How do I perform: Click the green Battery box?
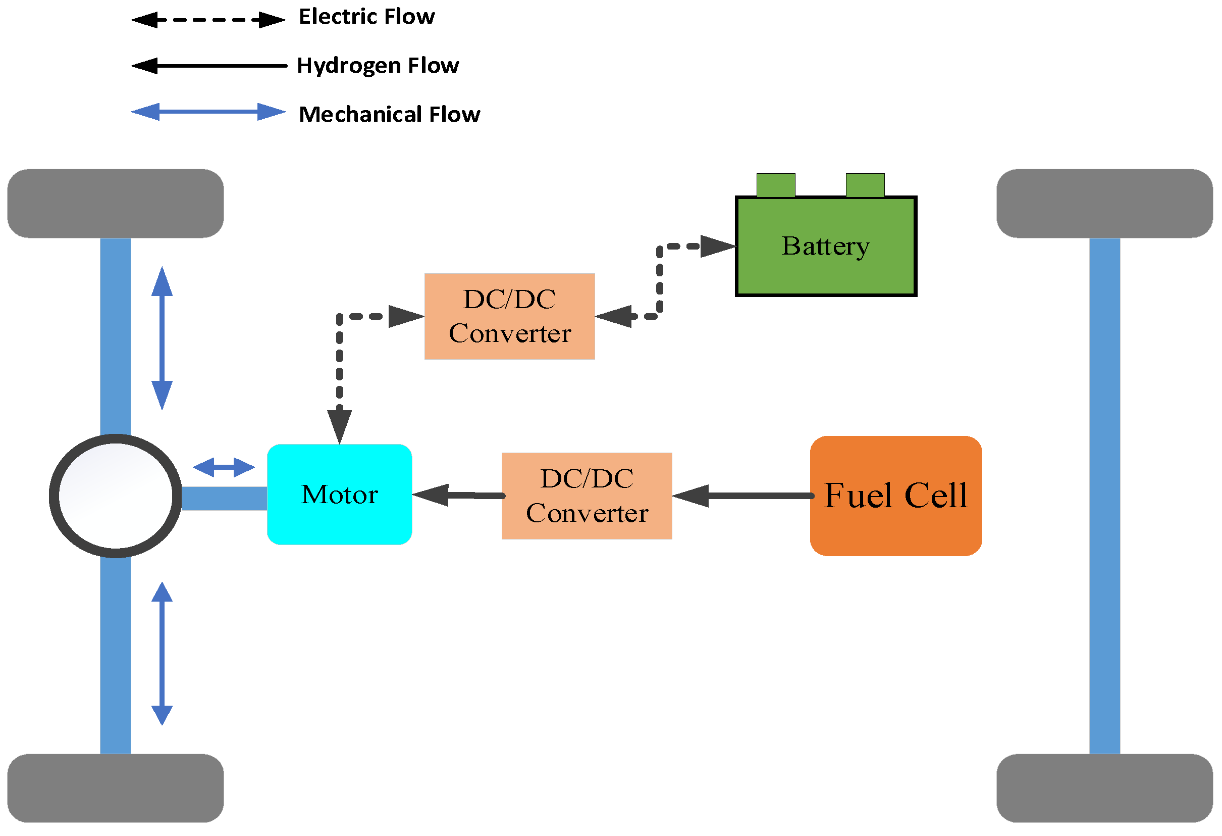826,246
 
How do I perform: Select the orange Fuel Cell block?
895,496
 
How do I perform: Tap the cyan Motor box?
339,495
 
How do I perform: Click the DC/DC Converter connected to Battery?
509,316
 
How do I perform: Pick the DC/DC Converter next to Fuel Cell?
587,496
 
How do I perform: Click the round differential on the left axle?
115,496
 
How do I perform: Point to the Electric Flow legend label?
366,17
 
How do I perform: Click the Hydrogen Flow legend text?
378,66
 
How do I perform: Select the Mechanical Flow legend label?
389,114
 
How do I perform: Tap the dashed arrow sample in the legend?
208,20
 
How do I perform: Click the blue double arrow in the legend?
208,112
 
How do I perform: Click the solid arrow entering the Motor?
457,495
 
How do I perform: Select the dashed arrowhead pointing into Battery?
717,246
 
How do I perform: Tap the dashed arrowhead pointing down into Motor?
339,425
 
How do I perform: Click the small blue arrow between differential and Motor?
224,467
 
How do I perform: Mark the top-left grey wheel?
115,203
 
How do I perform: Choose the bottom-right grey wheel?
1104,788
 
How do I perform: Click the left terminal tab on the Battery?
776,185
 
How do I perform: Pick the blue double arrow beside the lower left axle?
162,654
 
